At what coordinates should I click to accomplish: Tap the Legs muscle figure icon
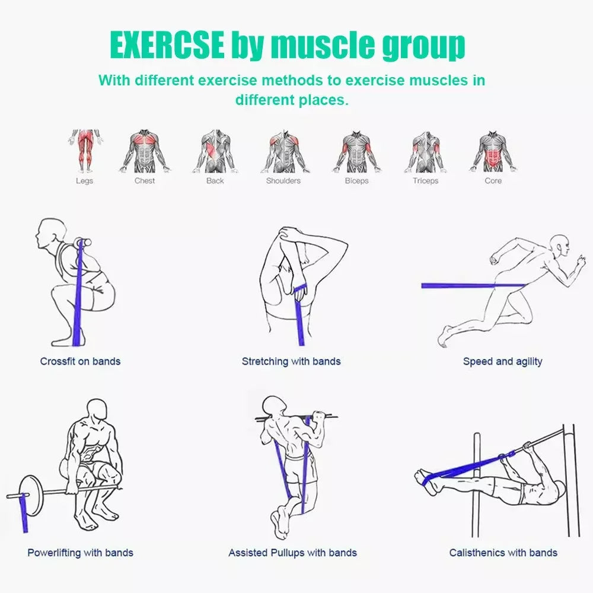[84, 151]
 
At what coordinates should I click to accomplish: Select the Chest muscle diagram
[145, 151]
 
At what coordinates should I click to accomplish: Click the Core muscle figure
[493, 151]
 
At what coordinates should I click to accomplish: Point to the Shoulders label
[283, 181]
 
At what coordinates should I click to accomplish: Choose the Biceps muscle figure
[356, 151]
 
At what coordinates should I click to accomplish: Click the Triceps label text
[425, 181]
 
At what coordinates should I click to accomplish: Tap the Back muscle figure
[215, 151]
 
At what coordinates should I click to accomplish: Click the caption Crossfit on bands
[80, 361]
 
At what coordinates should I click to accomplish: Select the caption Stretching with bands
[291, 361]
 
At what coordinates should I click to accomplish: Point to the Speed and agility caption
[502, 361]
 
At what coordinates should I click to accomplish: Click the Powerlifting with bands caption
[80, 553]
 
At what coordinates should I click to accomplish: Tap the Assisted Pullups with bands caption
[292, 553]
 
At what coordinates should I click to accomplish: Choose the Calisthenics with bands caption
[503, 553]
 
